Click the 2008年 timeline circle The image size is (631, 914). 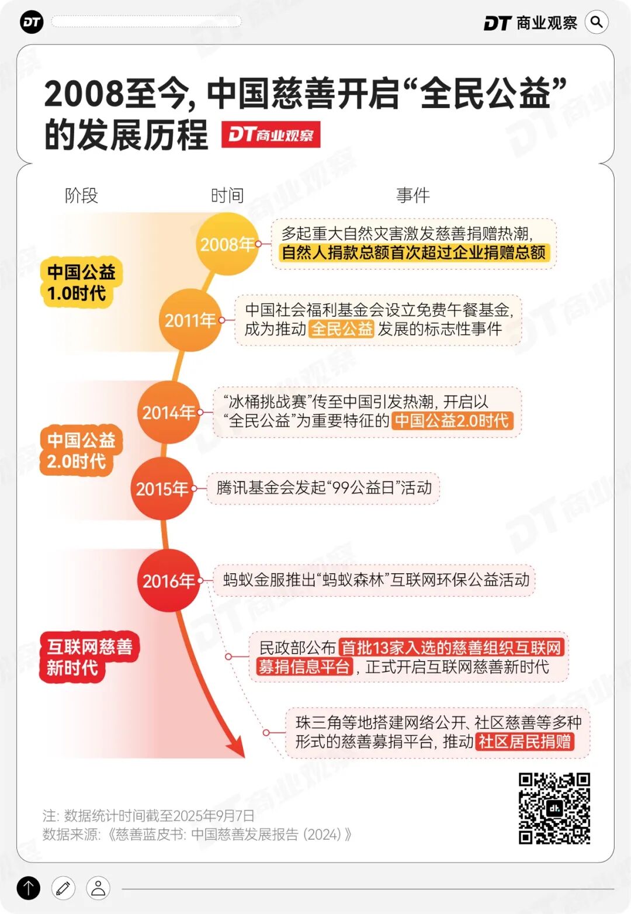point(227,244)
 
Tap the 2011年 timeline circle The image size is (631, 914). point(190,320)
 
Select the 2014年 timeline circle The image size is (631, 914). point(169,412)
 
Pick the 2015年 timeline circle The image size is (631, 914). point(162,489)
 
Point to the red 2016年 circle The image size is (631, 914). point(169,580)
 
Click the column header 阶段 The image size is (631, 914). point(81,195)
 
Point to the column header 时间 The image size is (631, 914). point(227,195)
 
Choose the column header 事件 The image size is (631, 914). point(413,195)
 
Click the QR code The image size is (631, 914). point(554,808)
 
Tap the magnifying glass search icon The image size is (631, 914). point(597,22)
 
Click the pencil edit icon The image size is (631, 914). point(63,888)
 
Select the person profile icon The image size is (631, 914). point(98,888)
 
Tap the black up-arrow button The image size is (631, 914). point(29,888)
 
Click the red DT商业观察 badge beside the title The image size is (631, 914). point(271,134)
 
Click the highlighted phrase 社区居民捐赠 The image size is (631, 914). point(525,741)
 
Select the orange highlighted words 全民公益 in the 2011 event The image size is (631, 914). point(341,328)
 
